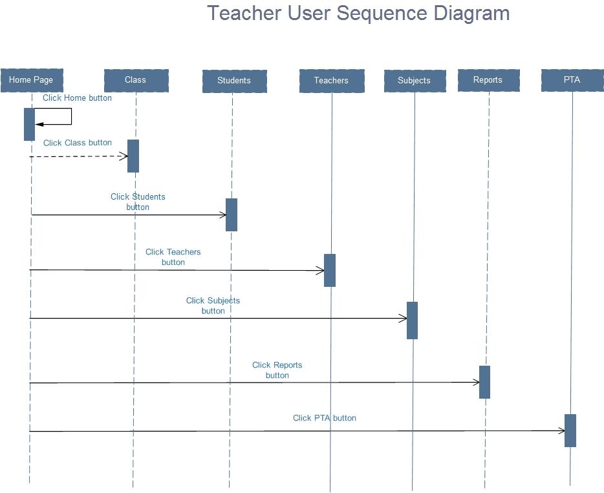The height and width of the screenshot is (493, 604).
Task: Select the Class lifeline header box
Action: (x=136, y=80)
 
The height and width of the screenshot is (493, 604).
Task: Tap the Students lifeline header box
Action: (x=234, y=81)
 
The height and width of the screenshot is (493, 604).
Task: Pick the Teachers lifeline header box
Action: (x=332, y=81)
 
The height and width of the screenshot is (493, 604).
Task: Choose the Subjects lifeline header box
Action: (x=415, y=81)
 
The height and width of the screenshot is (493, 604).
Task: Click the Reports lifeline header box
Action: (x=488, y=80)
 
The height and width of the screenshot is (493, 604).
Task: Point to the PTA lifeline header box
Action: (x=572, y=80)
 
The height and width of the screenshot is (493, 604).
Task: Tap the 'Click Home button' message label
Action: (x=77, y=98)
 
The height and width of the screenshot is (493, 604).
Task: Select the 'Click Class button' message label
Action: (x=78, y=143)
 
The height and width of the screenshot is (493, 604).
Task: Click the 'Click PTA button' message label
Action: (x=325, y=418)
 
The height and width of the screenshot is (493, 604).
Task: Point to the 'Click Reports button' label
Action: (x=277, y=370)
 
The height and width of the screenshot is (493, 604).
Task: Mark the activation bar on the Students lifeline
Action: (x=232, y=215)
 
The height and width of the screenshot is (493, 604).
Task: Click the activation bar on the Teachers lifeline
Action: (x=330, y=270)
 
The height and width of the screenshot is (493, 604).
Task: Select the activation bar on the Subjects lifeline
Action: (x=412, y=320)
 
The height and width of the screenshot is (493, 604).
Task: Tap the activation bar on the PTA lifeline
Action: (x=570, y=430)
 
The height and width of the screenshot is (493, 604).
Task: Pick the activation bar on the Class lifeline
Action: (x=133, y=156)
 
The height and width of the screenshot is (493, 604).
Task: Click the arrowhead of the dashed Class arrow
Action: (x=124, y=156)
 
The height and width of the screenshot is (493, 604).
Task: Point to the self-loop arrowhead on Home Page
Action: (x=39, y=123)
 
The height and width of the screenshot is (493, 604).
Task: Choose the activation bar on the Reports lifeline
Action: (x=484, y=382)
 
